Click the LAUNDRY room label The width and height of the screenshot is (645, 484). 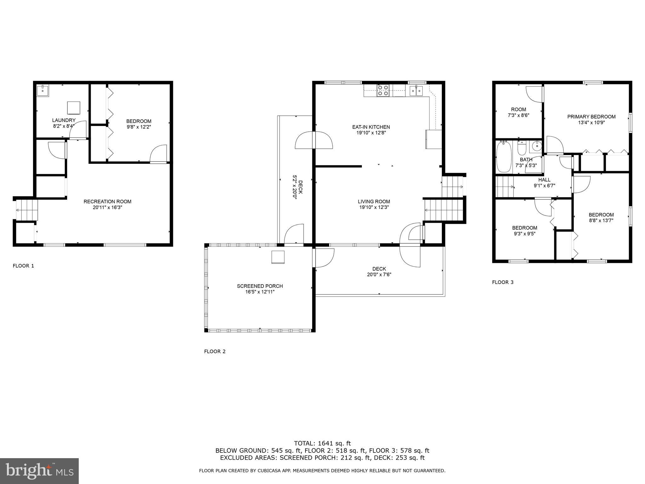[64, 120]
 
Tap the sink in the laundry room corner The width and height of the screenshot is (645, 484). [42, 90]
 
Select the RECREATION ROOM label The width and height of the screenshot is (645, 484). [107, 201]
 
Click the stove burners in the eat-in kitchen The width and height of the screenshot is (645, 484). [383, 90]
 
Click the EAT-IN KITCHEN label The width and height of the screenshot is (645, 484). [371, 127]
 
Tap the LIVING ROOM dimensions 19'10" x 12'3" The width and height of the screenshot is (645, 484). [374, 207]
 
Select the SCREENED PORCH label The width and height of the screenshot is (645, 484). [260, 286]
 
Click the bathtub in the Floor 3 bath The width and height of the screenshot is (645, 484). [504, 157]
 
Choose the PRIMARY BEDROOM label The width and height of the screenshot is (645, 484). [591, 117]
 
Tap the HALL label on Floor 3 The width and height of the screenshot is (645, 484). [544, 180]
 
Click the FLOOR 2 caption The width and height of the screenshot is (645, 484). [215, 351]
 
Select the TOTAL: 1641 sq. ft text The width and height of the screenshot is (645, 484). [322, 443]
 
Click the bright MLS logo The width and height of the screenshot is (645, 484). [39, 471]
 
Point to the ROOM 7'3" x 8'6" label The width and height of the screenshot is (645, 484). [518, 112]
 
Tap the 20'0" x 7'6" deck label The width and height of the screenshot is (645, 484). [379, 274]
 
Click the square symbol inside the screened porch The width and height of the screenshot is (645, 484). [278, 257]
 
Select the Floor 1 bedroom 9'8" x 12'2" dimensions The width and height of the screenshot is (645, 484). [139, 127]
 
